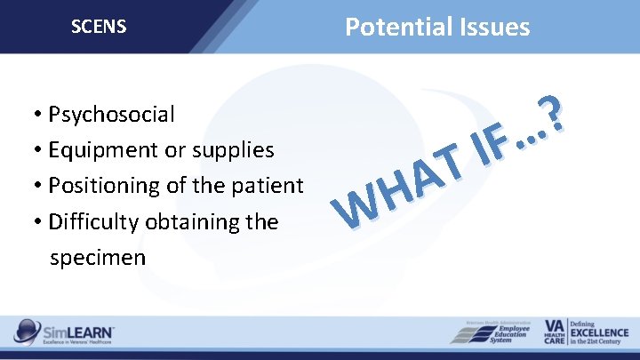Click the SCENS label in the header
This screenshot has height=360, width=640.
(99, 27)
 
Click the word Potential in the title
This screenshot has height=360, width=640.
(391, 27)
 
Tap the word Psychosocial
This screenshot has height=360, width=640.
(112, 115)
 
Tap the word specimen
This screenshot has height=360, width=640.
(99, 257)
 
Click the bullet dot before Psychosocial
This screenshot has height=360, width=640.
(31, 116)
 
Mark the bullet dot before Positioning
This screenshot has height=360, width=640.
(31, 187)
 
